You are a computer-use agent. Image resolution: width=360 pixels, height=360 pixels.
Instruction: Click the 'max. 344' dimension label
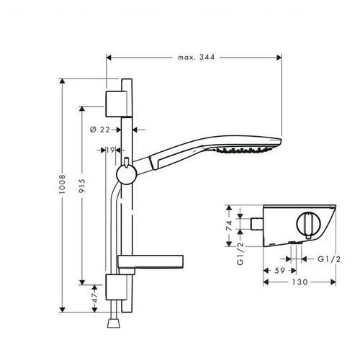point(197,58)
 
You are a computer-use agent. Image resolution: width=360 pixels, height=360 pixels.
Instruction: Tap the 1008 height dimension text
point(62,184)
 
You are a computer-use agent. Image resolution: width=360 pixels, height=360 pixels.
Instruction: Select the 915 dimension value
point(82,186)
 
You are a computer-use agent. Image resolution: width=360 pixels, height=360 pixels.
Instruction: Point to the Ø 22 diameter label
point(100,130)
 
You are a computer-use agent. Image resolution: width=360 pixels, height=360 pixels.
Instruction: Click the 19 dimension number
point(110,150)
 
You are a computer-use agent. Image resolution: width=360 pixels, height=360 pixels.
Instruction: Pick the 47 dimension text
point(95,298)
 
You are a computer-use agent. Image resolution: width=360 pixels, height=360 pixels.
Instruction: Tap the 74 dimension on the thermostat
point(230,225)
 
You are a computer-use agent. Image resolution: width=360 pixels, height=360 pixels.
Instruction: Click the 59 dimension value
point(279,271)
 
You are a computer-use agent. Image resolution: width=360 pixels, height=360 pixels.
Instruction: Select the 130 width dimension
point(300,282)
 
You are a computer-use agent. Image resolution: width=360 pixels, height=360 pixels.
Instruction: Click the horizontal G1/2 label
point(329,259)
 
